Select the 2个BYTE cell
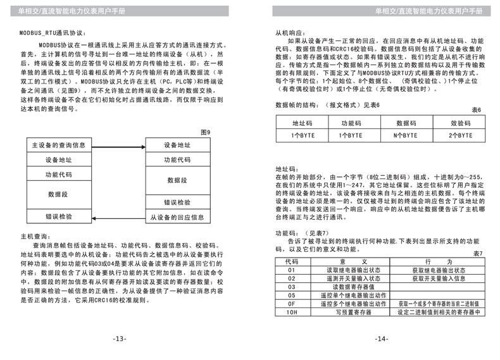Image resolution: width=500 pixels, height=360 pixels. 460,135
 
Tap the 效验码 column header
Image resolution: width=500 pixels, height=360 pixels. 460,124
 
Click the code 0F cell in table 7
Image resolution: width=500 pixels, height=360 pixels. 291,303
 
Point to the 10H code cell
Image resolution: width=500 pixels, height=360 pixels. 291,311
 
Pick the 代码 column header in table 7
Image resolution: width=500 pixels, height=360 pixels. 291,261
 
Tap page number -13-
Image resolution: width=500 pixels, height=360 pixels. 120,338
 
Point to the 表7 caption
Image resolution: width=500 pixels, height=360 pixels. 477,253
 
